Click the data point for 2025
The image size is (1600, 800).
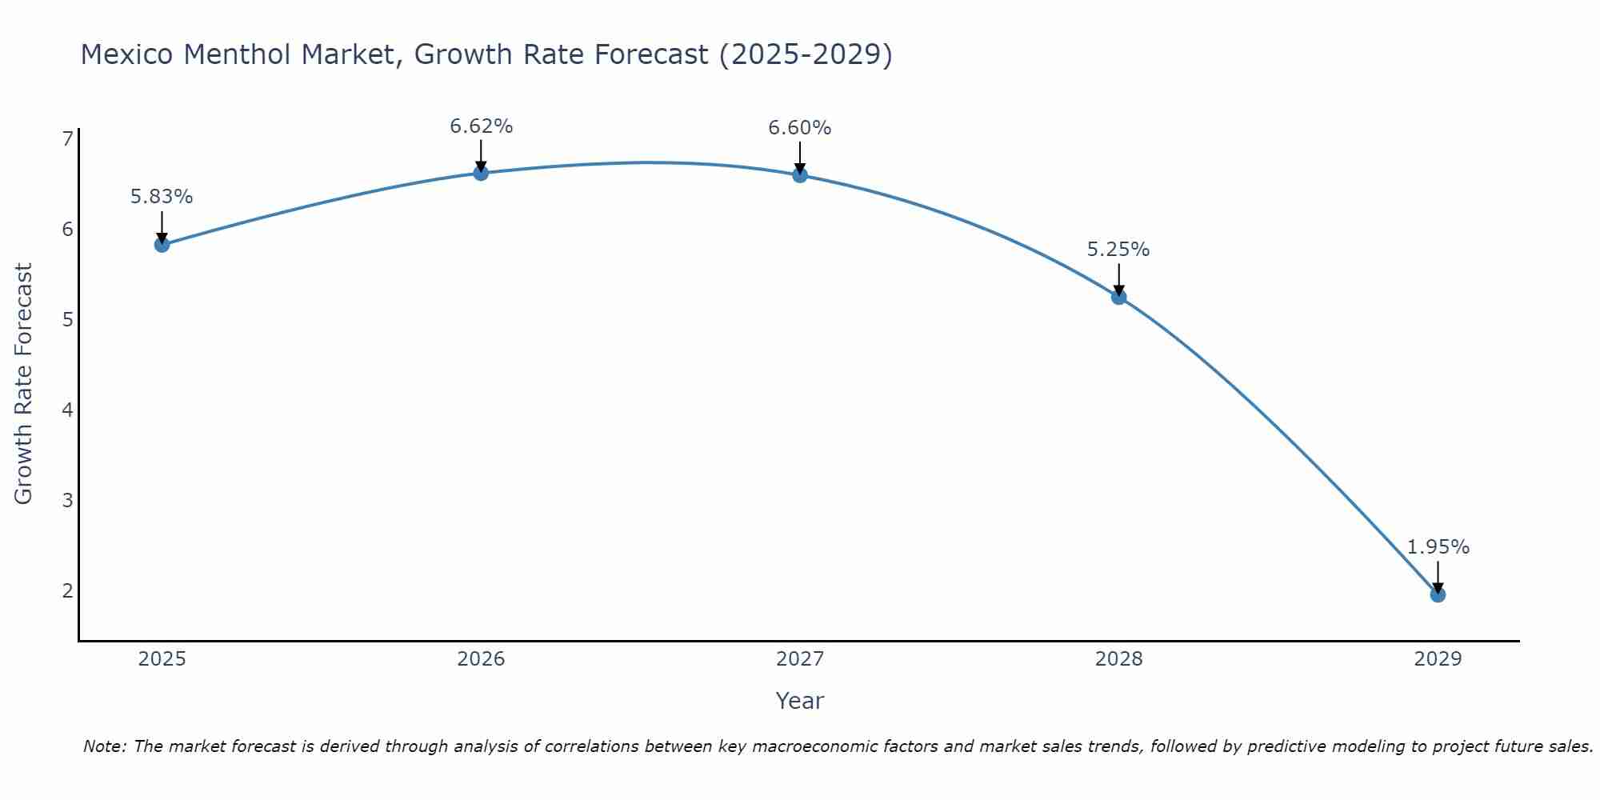tap(162, 245)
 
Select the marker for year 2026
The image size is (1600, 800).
tap(481, 173)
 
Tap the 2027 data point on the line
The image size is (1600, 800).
tap(800, 175)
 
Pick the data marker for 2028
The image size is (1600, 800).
tap(1118, 298)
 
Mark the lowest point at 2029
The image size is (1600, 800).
tap(1438, 595)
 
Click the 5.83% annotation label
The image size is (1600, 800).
tap(162, 197)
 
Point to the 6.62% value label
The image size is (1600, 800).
tap(481, 126)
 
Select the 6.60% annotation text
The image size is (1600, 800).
tap(800, 128)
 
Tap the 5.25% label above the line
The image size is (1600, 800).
tap(1118, 250)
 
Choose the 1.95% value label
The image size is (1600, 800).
tap(1438, 547)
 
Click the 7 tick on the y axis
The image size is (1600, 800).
tap(67, 139)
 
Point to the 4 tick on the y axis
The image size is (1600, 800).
tap(67, 410)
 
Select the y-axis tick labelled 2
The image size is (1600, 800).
tap(67, 591)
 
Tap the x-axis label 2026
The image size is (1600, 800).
tap(481, 659)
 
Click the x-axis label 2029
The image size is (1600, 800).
tap(1438, 659)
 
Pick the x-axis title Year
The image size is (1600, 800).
tap(800, 701)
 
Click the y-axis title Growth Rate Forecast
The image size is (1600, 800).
tap(24, 384)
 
